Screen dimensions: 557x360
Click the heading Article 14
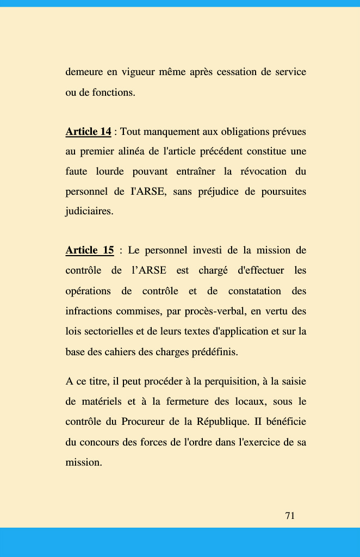pos(88,132)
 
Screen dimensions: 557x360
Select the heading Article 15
pos(90,250)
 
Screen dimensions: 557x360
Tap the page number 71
pos(290,516)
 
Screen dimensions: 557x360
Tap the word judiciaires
pos(89,212)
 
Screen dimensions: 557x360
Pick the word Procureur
pos(142,422)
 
